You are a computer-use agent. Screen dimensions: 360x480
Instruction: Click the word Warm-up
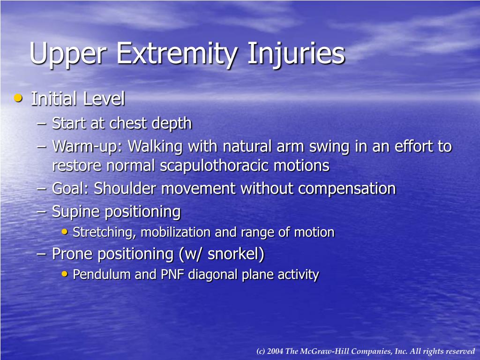point(88,147)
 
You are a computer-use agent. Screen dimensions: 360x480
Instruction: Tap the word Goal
point(70,188)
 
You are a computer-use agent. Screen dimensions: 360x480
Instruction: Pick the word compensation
point(347,188)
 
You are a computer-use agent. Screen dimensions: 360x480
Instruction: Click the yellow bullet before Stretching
point(65,232)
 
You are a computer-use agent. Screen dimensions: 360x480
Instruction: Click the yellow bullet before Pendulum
point(65,274)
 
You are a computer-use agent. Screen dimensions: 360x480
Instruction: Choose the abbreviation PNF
point(172,274)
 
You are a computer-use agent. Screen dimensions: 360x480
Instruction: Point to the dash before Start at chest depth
point(42,123)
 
